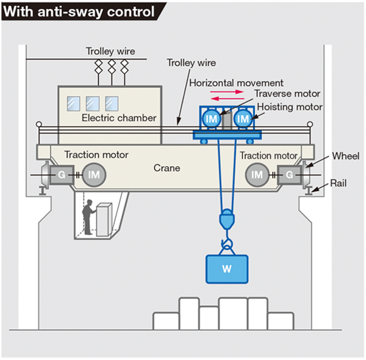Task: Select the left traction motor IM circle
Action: tap(93, 174)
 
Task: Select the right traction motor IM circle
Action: tap(258, 174)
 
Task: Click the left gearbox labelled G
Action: tap(61, 174)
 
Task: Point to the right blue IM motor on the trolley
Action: tap(244, 119)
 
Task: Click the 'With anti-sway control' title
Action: tap(78, 10)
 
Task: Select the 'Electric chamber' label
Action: tap(119, 118)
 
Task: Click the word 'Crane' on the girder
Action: tap(167, 168)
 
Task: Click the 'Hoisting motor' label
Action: tap(289, 106)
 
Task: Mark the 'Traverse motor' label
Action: tap(287, 94)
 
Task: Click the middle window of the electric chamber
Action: tap(93, 103)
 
